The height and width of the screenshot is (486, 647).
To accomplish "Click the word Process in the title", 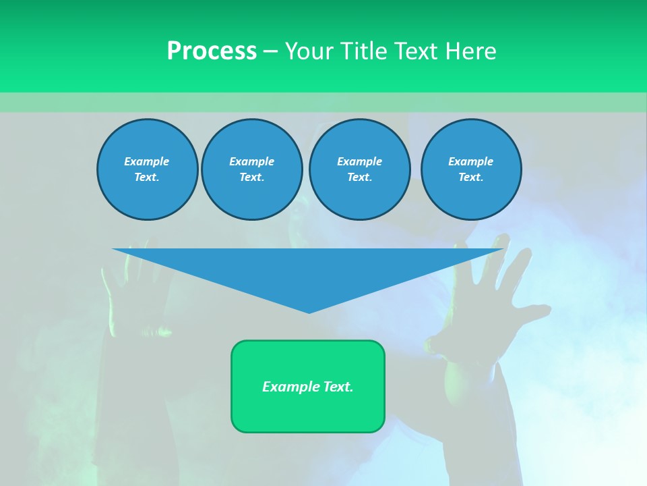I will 212,51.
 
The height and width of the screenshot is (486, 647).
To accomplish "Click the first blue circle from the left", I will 147,169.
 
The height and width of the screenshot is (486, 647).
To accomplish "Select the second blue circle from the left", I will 251,169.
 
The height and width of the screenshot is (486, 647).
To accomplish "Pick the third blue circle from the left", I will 359,169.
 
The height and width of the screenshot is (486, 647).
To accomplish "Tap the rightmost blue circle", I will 470,169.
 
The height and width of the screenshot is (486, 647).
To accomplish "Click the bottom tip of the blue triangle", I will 309,312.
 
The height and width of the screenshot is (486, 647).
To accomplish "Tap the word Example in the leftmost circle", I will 147,161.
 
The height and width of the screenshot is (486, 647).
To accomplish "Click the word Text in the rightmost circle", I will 470,178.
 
